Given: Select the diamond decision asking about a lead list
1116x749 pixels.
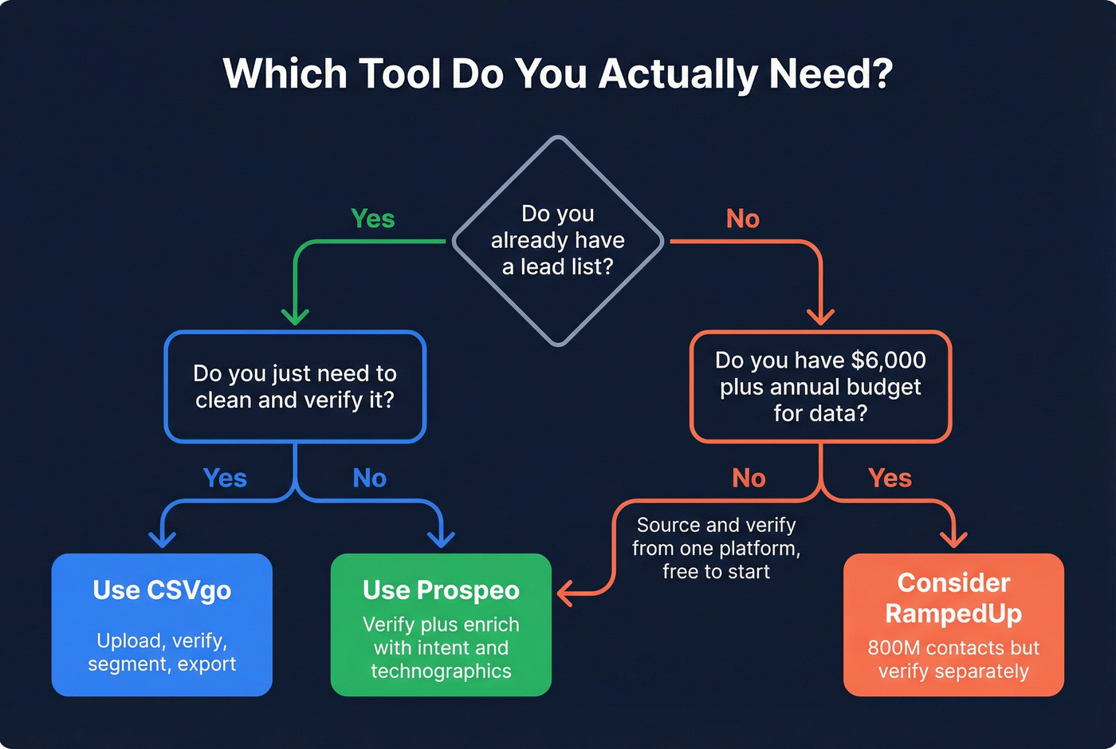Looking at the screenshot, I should [558, 240].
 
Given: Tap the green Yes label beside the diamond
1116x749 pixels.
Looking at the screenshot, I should [372, 219].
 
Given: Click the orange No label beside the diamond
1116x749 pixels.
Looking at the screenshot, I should [742, 219].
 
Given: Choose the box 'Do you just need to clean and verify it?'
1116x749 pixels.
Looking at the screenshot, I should [295, 387].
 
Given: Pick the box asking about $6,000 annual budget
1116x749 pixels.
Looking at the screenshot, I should [820, 387].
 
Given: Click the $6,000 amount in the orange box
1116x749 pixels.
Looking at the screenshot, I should [888, 361].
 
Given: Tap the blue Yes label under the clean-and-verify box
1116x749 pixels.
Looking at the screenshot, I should [225, 478].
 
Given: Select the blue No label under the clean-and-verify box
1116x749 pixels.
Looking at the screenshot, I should [369, 478].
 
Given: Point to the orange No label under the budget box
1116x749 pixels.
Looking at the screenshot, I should [749, 478].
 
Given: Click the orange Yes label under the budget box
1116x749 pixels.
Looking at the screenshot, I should [890, 478].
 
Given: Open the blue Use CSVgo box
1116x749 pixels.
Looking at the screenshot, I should [162, 625].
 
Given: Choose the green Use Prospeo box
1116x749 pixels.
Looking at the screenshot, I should [441, 625].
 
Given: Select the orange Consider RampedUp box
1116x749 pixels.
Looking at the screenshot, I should [953, 625].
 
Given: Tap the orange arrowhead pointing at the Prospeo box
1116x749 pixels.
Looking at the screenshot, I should [565, 593].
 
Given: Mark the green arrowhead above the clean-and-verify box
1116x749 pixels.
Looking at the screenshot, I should [295, 317].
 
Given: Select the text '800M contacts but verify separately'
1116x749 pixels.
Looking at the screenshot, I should [953, 660].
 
